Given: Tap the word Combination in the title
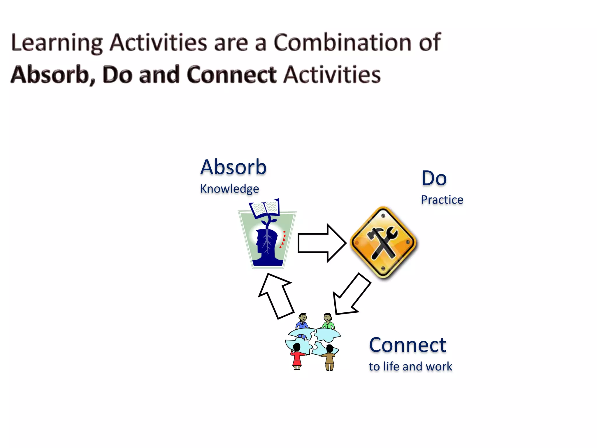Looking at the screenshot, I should click(343, 42).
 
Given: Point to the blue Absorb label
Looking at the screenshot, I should click(233, 167).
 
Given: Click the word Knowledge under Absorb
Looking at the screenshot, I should click(229, 189).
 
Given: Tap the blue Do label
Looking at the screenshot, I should click(434, 178).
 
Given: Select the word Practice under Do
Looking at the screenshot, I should click(442, 200).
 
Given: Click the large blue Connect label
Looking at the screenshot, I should click(407, 345).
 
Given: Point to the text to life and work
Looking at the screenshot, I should click(410, 367).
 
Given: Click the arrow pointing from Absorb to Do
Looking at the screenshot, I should click(321, 243).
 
